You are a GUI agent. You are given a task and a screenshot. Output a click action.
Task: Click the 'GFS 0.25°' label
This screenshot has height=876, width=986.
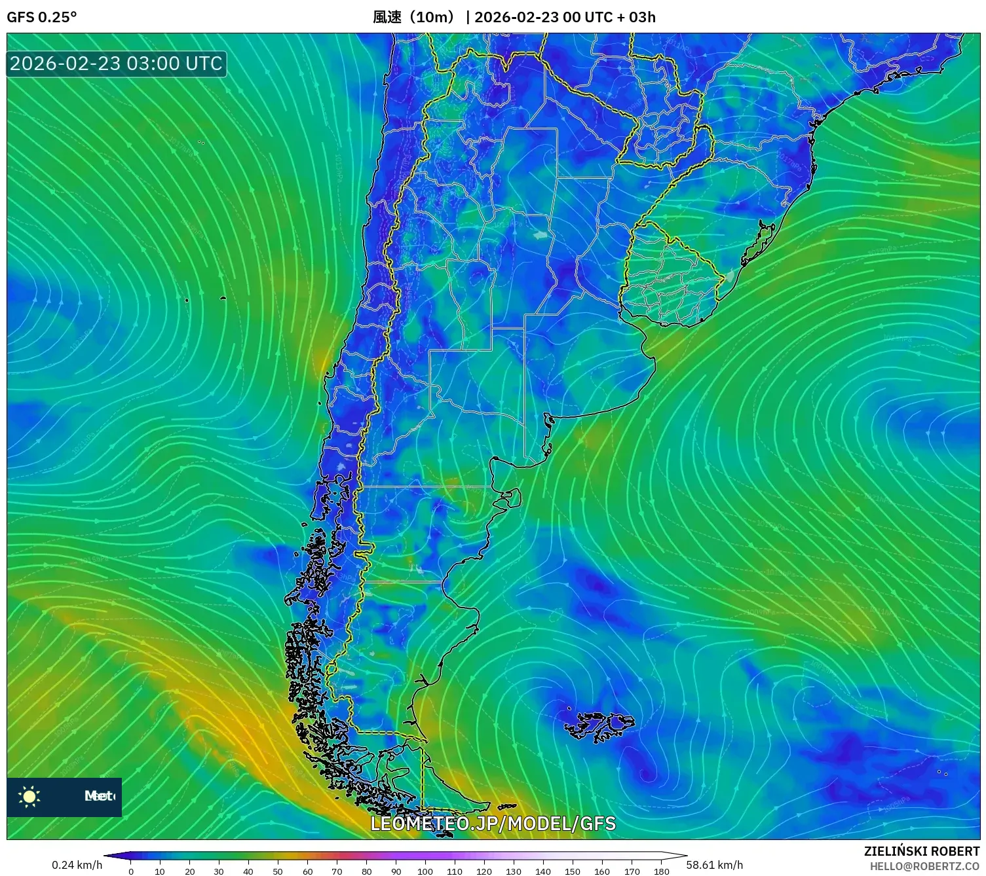click(x=41, y=17)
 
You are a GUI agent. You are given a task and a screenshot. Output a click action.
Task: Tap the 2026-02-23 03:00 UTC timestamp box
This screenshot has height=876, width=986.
click(x=116, y=64)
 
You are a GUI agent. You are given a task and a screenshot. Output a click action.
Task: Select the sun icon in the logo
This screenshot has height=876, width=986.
click(x=29, y=797)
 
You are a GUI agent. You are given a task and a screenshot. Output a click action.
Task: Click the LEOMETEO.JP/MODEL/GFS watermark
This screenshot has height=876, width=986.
click(x=493, y=824)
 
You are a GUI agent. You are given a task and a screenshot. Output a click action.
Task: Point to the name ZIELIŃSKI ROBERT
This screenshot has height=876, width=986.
click(x=921, y=851)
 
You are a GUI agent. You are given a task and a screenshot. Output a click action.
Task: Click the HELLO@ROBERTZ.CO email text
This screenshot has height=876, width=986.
click(x=924, y=866)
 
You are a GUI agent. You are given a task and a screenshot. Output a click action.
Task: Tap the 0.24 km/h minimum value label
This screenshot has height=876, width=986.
click(x=77, y=865)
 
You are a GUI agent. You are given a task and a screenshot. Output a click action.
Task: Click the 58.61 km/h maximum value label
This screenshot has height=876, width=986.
click(x=714, y=865)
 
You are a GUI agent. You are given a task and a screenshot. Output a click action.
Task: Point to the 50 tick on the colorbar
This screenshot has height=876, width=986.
click(x=278, y=871)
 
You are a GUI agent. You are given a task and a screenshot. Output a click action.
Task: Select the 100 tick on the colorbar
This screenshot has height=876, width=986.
click(x=425, y=871)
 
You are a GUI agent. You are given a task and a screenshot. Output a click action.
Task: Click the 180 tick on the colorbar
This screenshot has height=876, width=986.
click(x=661, y=871)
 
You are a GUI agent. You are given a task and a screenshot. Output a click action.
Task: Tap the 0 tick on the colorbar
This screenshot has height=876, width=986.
click(x=131, y=871)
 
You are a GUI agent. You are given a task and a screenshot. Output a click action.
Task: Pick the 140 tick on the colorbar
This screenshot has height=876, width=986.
click(x=543, y=871)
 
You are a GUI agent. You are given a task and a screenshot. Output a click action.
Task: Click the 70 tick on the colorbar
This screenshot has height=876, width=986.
click(x=337, y=871)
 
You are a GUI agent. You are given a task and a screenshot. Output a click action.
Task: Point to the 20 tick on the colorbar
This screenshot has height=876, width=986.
click(x=189, y=871)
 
